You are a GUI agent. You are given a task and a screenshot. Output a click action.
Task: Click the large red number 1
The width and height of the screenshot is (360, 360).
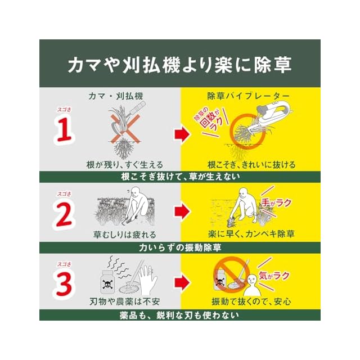tap(64, 129)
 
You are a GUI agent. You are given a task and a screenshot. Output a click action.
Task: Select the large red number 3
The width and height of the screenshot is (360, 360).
tap(64, 283)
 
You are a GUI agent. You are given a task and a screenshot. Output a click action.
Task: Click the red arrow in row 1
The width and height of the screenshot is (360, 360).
tap(182, 134)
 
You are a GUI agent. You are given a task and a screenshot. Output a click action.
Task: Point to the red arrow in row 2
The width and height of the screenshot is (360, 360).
tap(182, 211)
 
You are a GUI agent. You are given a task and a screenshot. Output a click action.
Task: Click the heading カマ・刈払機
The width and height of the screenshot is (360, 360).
tap(116, 96)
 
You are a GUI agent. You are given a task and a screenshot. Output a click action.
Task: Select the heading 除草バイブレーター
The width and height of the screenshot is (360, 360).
tap(248, 96)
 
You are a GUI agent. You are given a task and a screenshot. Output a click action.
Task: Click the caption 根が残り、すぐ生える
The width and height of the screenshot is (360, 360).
tap(125, 165)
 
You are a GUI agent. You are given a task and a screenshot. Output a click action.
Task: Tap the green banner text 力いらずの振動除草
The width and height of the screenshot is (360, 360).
tap(180, 247)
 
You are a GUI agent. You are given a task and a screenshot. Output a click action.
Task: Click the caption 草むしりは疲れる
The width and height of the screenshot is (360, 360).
tap(125, 235)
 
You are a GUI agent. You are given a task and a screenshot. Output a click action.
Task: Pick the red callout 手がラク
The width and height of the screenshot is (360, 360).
tap(276, 202)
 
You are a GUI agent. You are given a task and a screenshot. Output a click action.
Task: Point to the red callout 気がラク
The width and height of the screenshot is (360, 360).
tap(274, 275)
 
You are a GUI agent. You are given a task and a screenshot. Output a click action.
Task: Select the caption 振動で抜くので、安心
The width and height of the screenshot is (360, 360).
tap(251, 301)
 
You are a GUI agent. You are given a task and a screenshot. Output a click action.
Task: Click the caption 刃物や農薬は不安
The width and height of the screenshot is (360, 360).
tap(125, 301)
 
